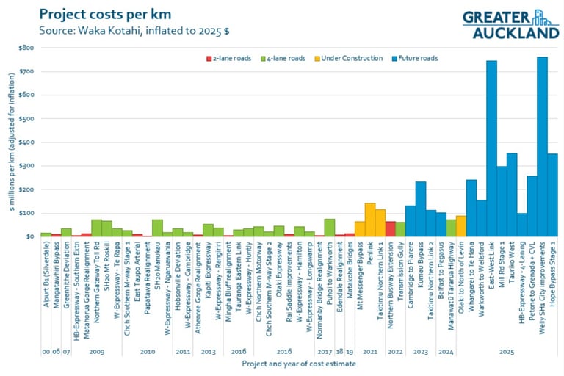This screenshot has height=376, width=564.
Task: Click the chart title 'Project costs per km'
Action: [102, 14]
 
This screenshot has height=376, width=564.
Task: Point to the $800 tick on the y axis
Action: [26, 47]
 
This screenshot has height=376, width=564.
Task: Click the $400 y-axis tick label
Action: [26, 142]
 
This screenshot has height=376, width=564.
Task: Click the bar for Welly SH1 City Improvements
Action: [542, 147]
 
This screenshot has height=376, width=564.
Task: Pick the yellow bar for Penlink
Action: [370, 220]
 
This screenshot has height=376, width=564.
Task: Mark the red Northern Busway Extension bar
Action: [391, 228]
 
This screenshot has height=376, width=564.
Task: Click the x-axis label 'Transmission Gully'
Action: [401, 268]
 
